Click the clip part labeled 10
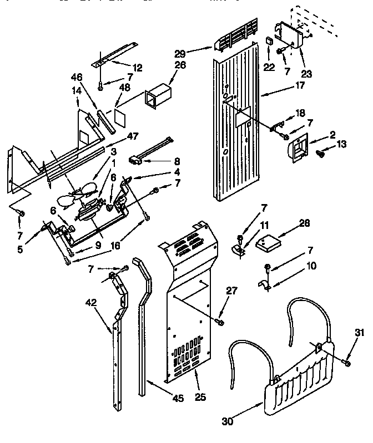(x=264, y=286)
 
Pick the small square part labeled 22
(x=268, y=42)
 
